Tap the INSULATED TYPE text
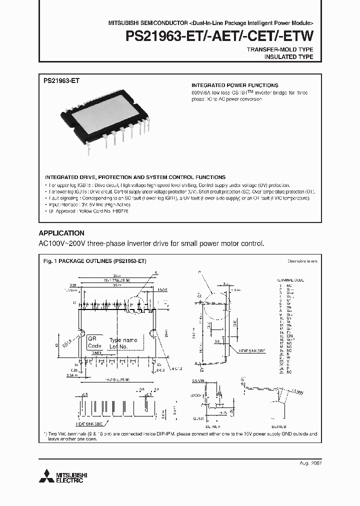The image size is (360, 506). (288, 57)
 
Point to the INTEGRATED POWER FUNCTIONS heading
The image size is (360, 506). (235, 85)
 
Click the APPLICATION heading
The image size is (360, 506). (61, 233)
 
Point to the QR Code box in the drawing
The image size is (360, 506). (94, 342)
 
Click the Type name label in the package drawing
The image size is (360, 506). (122, 340)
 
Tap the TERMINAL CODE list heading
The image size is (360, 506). (289, 280)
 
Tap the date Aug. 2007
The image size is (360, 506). (310, 463)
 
